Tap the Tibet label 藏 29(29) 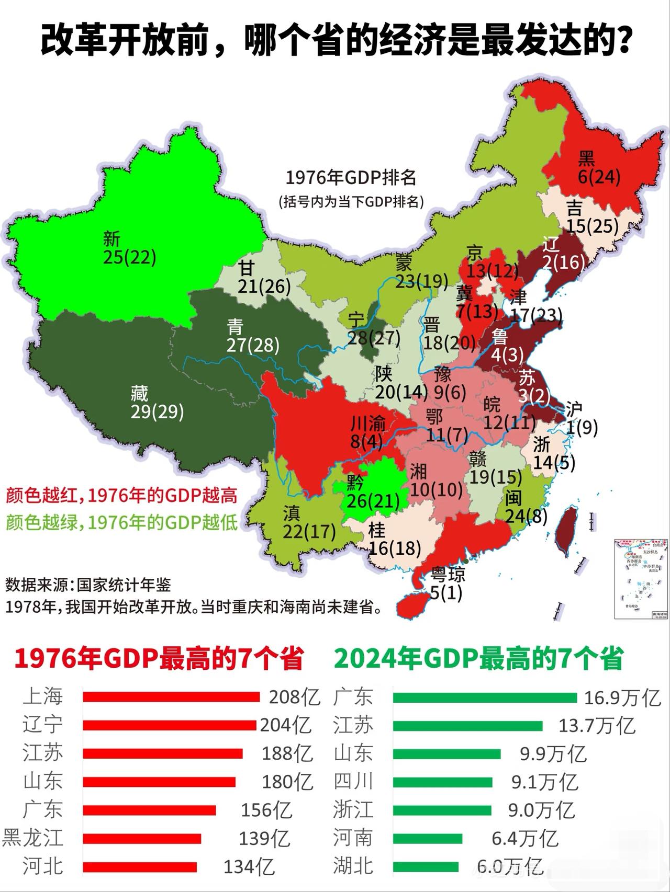(x=157, y=403)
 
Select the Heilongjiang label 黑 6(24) (x=598, y=168)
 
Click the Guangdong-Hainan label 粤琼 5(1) (x=447, y=584)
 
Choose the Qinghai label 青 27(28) (x=252, y=336)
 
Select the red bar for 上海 (x=171, y=697)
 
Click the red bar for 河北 (x=140, y=867)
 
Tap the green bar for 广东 (x=484, y=697)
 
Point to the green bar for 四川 (x=442, y=782)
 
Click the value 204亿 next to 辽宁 (x=286, y=725)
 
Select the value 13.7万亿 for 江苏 (x=597, y=726)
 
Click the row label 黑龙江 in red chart (x=32, y=838)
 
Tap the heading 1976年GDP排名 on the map (x=351, y=178)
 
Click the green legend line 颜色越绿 (x=121, y=522)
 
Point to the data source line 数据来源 (x=88, y=585)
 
